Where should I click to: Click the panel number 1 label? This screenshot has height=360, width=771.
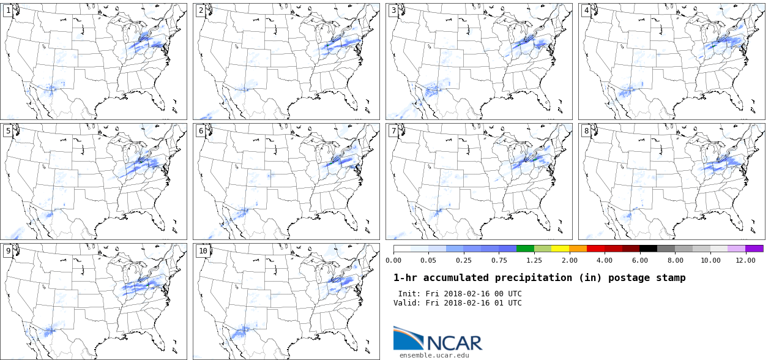pos(8,10)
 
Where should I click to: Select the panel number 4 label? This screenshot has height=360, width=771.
pos(586,10)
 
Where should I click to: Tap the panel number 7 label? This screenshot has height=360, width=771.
pos(393,130)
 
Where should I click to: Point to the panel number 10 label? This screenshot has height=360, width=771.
pos(203,250)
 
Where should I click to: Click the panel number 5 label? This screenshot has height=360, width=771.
pos(8,130)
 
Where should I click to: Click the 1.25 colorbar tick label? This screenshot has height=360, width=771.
pos(534,260)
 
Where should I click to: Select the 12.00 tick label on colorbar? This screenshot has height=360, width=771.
pos(746,260)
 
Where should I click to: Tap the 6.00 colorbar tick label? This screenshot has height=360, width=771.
pos(640,260)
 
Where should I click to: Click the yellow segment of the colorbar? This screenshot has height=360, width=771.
pos(560,249)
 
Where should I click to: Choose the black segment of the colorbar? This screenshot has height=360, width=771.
pos(649,249)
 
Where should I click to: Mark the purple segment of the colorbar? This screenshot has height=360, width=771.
pos(754,249)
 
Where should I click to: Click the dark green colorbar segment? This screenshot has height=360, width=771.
pos(525,249)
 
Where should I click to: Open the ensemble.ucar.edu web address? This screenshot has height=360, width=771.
pos(434,355)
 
